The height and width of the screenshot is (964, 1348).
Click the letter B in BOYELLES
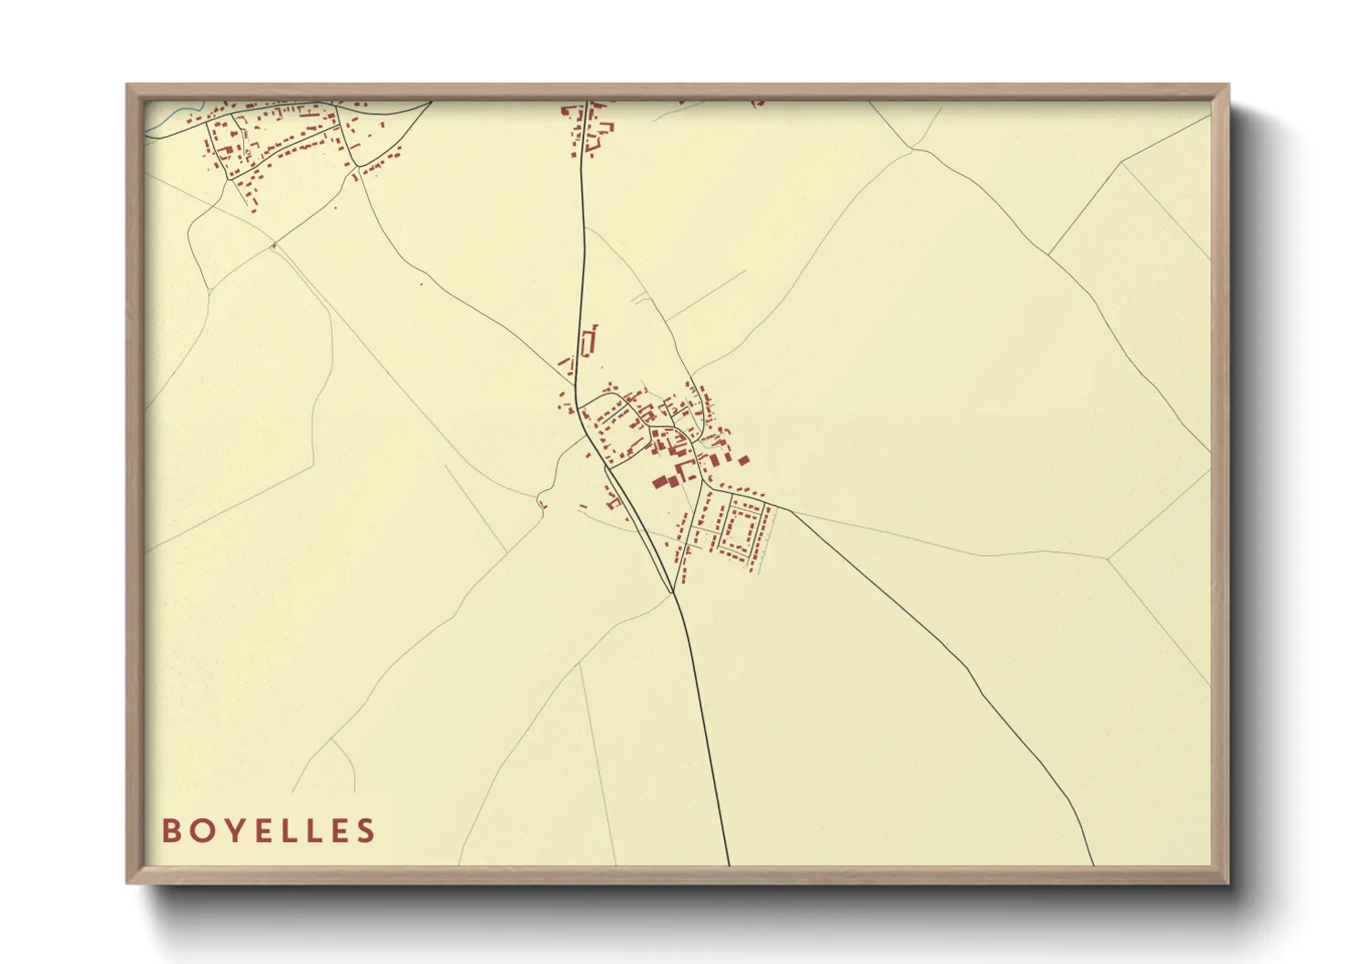pyautogui.click(x=170, y=830)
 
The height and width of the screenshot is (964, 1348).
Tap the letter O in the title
pyautogui.click(x=200, y=830)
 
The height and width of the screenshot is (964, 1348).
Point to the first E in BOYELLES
pyautogui.click(x=258, y=830)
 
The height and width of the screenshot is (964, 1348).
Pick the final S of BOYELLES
pyautogui.click(x=366, y=830)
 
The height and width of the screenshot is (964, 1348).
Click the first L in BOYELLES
pyautogui.click(x=285, y=830)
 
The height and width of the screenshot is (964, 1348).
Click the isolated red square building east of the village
pyautogui.click(x=743, y=460)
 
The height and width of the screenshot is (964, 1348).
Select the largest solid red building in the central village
pyautogui.click(x=659, y=482)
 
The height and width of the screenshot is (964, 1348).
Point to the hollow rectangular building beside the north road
pyautogui.click(x=588, y=341)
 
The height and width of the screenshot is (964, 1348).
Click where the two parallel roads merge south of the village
pyautogui.click(x=673, y=592)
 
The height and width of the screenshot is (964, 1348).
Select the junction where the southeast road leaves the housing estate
pyautogui.click(x=775, y=505)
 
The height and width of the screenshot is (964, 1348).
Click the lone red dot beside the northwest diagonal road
pyautogui.click(x=421, y=284)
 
